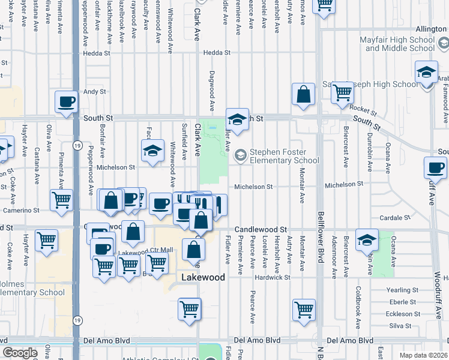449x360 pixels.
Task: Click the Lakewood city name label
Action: [x=203, y=278]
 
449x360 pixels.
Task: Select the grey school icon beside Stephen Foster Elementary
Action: [x=241, y=156]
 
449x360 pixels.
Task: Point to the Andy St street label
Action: [x=94, y=92]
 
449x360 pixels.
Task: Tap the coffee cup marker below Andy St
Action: [x=67, y=101]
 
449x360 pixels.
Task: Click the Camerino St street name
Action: [x=20, y=211]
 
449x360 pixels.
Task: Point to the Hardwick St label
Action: [x=272, y=278]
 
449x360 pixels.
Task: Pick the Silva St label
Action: [x=400, y=326]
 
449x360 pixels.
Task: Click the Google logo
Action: [x=20, y=353]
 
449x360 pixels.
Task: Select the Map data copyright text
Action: [x=423, y=355]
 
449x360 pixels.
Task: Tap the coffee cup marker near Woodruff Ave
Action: [x=435, y=167]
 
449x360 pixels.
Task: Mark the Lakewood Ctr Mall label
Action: [x=145, y=250]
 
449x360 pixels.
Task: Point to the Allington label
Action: [x=431, y=29]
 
